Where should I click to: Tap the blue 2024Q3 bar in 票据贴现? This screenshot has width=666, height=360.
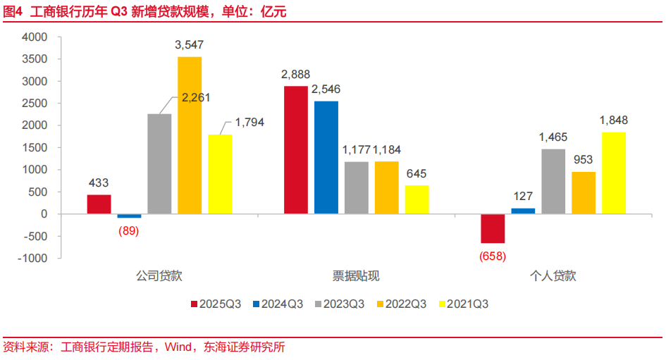pos(326,157)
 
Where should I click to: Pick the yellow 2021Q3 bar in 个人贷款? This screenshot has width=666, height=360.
pos(614,173)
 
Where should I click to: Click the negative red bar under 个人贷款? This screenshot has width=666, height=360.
pos(493,228)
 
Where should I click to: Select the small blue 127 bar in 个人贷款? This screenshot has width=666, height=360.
pos(523,211)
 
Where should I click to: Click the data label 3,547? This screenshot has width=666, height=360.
pos(190,45)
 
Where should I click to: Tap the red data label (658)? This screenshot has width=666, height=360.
pos(493,256)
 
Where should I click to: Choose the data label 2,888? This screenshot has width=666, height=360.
pos(295,74)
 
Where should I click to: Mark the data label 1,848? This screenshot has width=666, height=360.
pos(614,120)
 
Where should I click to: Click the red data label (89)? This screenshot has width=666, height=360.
pos(128,230)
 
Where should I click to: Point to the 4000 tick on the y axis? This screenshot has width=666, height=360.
pos(34,37)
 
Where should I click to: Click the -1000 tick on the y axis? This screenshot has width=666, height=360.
pos(32,258)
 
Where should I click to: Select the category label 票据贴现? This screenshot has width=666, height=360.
pos(356,276)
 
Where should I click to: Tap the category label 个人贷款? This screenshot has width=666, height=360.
pos(553,276)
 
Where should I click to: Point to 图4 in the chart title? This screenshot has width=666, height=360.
pos(14,12)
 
